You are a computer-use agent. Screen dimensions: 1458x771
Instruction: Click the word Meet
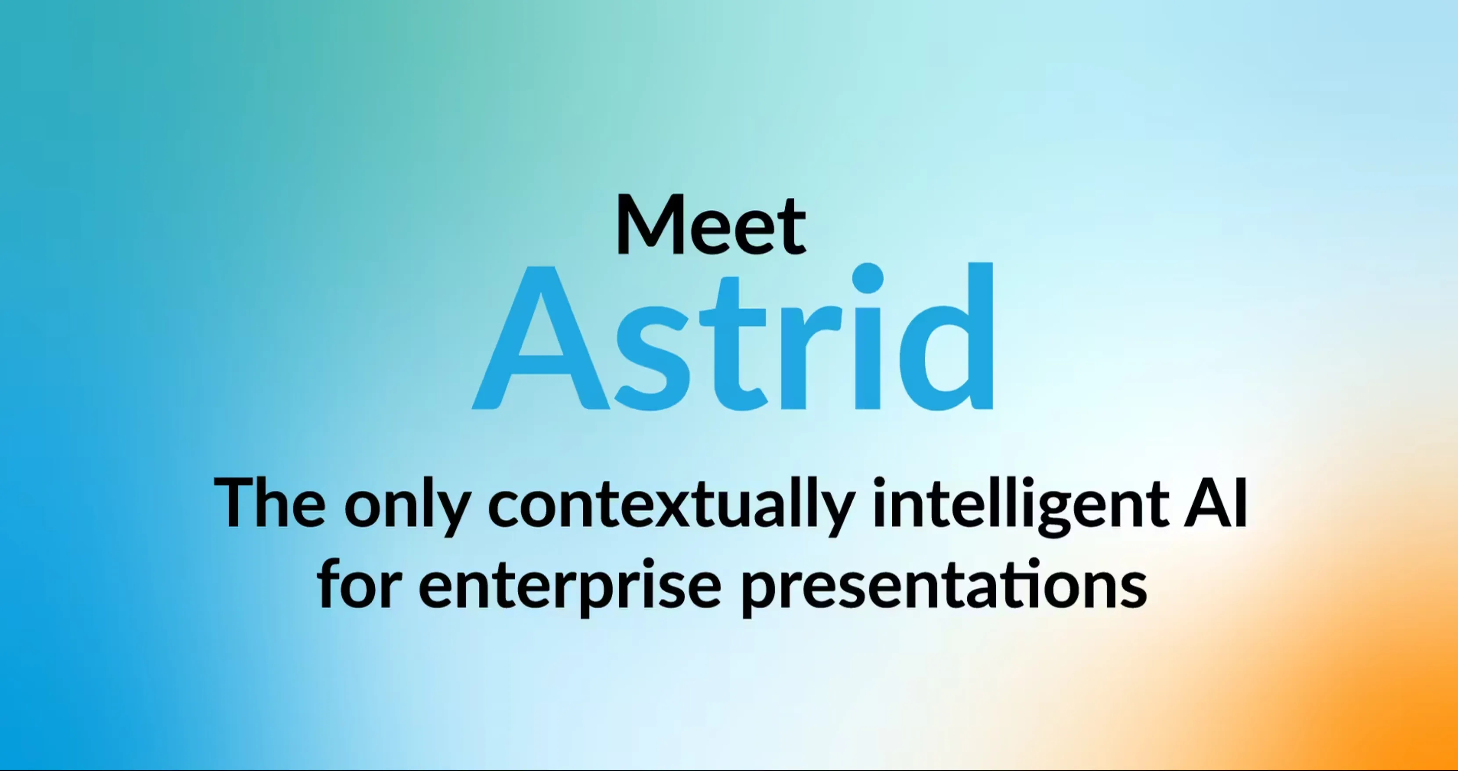tap(711, 224)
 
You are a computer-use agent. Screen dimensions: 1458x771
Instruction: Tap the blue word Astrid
tap(733, 336)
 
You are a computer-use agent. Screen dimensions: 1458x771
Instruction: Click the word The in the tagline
tap(269, 502)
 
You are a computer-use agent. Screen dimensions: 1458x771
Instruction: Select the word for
tap(359, 583)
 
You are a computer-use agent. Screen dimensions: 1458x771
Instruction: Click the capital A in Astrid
tap(541, 337)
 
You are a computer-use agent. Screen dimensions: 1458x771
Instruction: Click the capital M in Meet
tap(651, 224)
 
